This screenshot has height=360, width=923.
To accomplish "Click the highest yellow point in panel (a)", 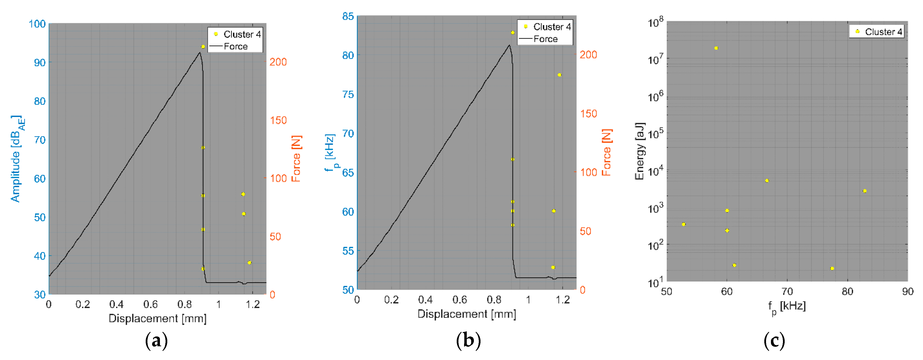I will coord(203,47).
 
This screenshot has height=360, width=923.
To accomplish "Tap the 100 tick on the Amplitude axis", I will coord(37,24).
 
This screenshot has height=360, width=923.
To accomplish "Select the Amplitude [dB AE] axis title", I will coord(17,159).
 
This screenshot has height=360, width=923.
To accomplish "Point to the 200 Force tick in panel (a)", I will coord(278,62).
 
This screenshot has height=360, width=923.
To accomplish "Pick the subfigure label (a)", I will coord(156,340).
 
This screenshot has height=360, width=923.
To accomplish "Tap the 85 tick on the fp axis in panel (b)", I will coord(348,16).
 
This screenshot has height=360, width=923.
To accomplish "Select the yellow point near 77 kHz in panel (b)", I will coord(559,75).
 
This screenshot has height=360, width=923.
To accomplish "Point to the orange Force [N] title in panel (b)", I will coord(606,152).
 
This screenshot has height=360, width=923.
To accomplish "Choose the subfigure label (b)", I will coord(468,340).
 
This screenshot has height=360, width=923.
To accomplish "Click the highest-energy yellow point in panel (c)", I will coord(716,48).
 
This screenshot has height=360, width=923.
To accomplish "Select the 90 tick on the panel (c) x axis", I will coord(908,292).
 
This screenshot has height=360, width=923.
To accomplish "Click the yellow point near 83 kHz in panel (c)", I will coord(865,191).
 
